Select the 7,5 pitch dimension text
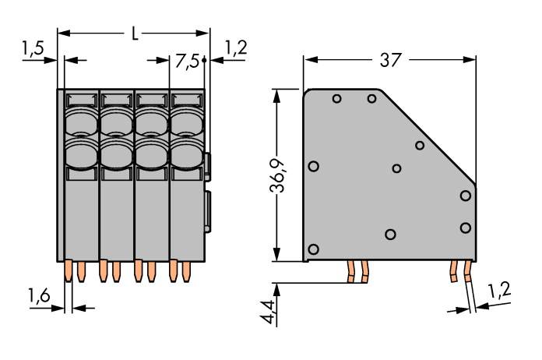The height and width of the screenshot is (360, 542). click(x=188, y=61)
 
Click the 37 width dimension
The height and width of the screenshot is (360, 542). click(x=389, y=61)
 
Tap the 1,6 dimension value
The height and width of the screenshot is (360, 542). click(x=41, y=295)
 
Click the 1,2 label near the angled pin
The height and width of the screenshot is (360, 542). click(x=500, y=291)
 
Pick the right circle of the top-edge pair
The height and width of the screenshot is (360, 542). click(x=372, y=98)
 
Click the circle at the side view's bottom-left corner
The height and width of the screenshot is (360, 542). click(x=314, y=249)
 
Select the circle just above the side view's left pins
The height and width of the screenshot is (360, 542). click(x=391, y=235)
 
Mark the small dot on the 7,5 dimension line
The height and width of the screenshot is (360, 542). click(x=204, y=59)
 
